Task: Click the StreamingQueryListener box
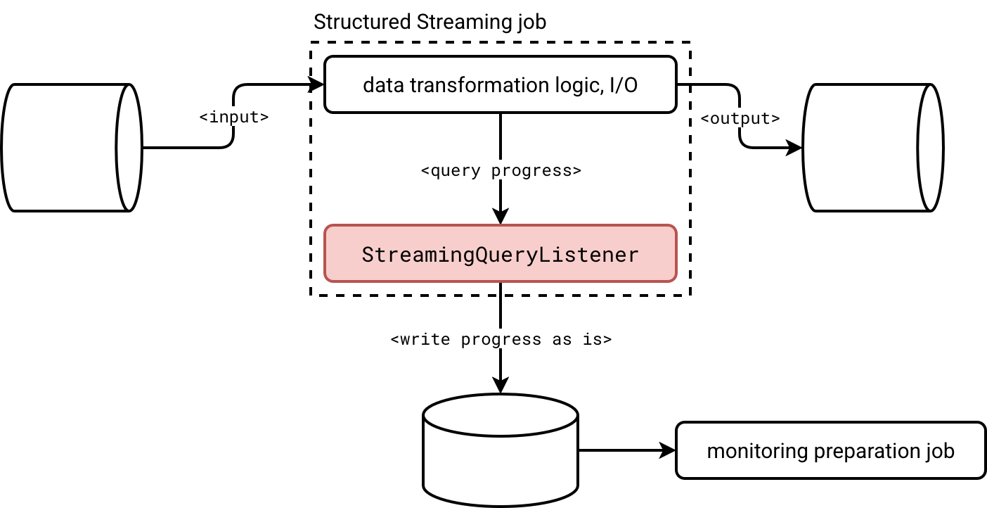click(500, 254)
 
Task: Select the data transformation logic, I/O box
click(500, 85)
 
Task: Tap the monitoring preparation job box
click(830, 451)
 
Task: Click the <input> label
click(234, 118)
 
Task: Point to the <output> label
click(740, 119)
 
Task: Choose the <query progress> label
click(500, 170)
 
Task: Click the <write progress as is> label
click(501, 339)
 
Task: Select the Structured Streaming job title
click(430, 22)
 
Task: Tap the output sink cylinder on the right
click(872, 147)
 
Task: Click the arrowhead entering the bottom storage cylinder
click(500, 385)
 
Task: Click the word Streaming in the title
click(460, 22)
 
